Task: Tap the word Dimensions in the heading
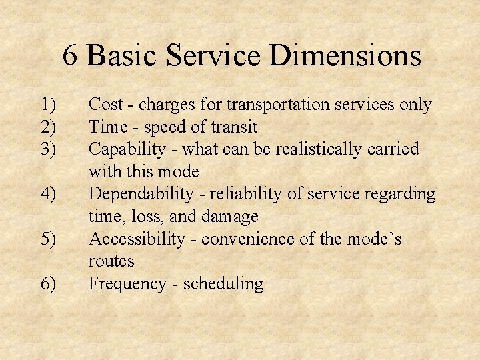click(x=345, y=55)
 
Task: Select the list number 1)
click(x=49, y=105)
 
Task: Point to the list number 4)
click(x=49, y=195)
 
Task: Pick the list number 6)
click(x=49, y=284)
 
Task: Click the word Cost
click(x=105, y=105)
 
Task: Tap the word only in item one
click(x=415, y=105)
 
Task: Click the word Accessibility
click(x=137, y=239)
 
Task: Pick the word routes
click(x=111, y=261)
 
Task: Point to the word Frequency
click(x=126, y=284)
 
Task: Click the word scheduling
click(x=223, y=284)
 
